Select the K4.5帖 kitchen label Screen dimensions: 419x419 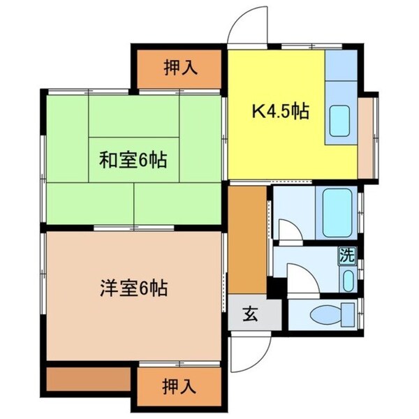281,110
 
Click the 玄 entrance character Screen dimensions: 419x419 249,314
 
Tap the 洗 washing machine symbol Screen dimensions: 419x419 346,256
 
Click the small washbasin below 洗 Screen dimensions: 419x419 348,281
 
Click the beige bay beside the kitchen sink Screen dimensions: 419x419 366,136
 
